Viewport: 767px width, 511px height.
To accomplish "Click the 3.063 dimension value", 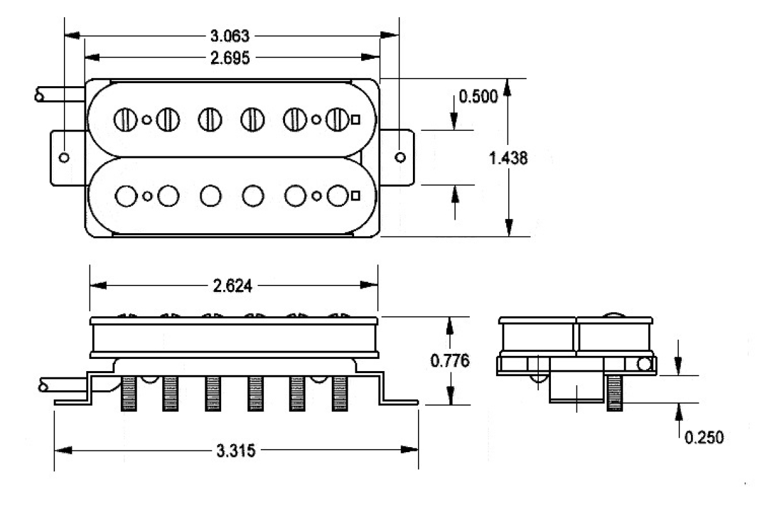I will coord(231,35).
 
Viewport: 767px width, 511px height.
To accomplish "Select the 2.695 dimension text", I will coord(231,57).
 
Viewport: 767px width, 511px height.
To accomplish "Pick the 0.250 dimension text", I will coord(704,438).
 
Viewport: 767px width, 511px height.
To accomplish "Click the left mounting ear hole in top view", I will coord(63,157).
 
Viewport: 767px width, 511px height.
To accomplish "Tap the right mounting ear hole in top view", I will coord(400,157).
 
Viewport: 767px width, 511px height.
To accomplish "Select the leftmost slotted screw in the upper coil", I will coord(125,119).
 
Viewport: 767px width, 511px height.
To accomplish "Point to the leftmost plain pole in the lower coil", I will coord(127,196).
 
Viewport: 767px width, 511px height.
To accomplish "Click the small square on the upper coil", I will coord(356,118).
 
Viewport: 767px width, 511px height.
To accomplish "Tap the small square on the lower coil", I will coord(356,195).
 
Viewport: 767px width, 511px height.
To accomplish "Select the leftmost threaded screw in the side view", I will coord(128,393).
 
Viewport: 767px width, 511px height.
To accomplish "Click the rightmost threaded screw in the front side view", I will coord(339,393).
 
